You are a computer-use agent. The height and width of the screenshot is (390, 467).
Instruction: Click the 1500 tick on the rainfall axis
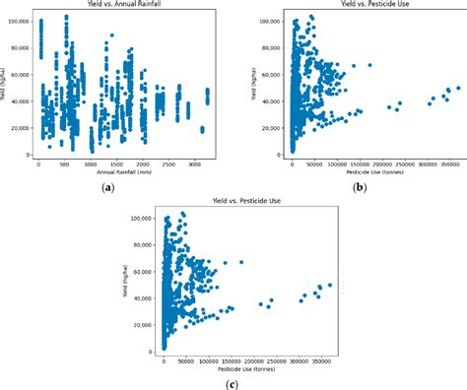click(116, 163)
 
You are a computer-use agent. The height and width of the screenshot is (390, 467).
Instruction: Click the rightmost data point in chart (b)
click(457, 88)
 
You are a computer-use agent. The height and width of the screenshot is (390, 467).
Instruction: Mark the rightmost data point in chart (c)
click(329, 285)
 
